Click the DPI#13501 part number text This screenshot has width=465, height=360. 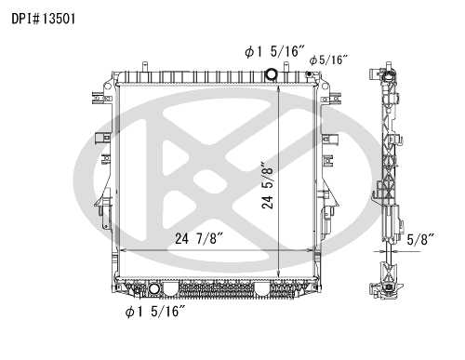[x=44, y=19]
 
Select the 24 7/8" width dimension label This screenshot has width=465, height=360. [x=199, y=239]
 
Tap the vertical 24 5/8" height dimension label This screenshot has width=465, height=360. [x=267, y=185]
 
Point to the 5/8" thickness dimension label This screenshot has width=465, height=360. [x=419, y=239]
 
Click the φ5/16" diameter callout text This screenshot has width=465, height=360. [x=328, y=60]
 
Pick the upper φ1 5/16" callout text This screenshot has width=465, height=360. [x=274, y=51]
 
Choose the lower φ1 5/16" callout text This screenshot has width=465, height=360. [x=155, y=312]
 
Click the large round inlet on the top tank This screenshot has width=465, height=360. [x=272, y=74]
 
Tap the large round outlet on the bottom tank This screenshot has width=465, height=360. [x=154, y=288]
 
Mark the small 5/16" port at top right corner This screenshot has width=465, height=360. [x=309, y=73]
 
